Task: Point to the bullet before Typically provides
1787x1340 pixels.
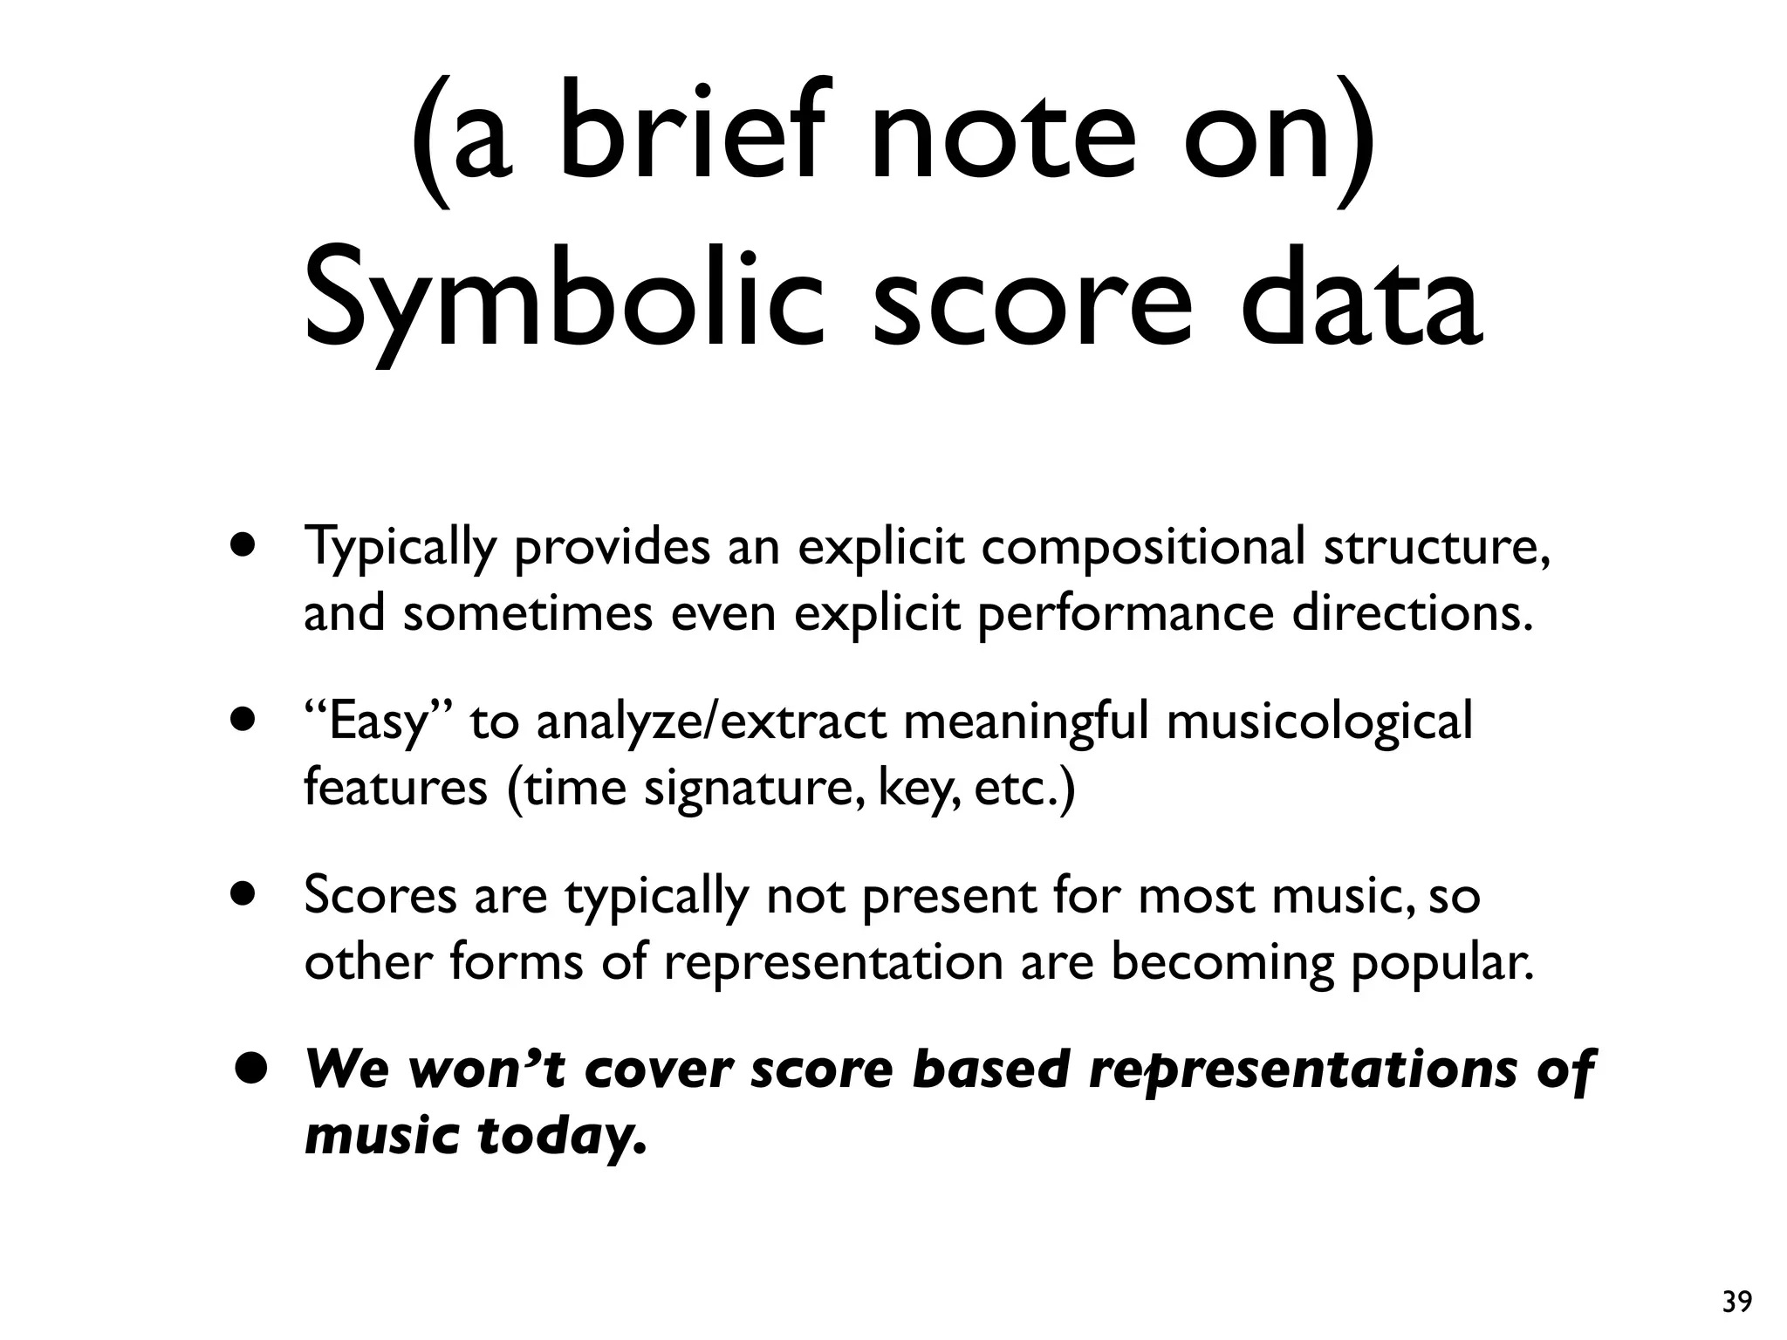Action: [244, 546]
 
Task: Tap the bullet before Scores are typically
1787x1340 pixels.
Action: [244, 895]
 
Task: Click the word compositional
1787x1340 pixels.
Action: [1143, 548]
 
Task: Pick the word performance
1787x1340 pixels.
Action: [1126, 614]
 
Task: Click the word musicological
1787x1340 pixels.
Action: [1318, 722]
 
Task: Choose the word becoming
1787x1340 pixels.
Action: [1222, 963]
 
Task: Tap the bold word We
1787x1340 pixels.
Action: [346, 1070]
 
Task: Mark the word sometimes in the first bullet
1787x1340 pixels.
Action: [527, 612]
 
